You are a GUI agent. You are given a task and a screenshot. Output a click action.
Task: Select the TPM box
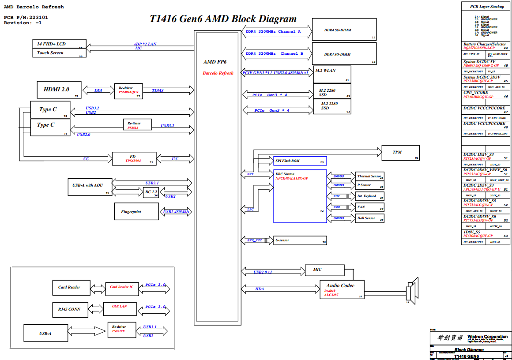(400, 152)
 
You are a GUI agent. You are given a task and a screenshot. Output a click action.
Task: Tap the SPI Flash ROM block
(300, 161)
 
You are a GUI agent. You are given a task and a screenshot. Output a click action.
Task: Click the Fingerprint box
(136, 212)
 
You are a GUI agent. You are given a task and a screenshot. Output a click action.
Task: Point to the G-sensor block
(300, 240)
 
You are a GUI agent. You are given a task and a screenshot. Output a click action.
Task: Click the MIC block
(325, 270)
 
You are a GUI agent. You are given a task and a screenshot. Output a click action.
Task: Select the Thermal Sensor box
(370, 176)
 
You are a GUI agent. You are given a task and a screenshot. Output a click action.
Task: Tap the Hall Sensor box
(370, 218)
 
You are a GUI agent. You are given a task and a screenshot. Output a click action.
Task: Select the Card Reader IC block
(121, 287)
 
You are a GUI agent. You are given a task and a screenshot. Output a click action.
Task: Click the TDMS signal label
(158, 90)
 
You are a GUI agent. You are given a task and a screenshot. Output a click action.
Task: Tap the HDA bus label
(260, 289)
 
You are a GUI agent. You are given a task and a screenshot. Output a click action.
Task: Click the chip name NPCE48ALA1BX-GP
(292, 178)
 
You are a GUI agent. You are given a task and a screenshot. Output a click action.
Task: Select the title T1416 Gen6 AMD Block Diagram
(223, 19)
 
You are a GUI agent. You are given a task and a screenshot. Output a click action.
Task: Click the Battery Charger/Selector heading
(485, 44)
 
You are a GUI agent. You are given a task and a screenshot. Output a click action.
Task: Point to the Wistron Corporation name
(487, 337)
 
